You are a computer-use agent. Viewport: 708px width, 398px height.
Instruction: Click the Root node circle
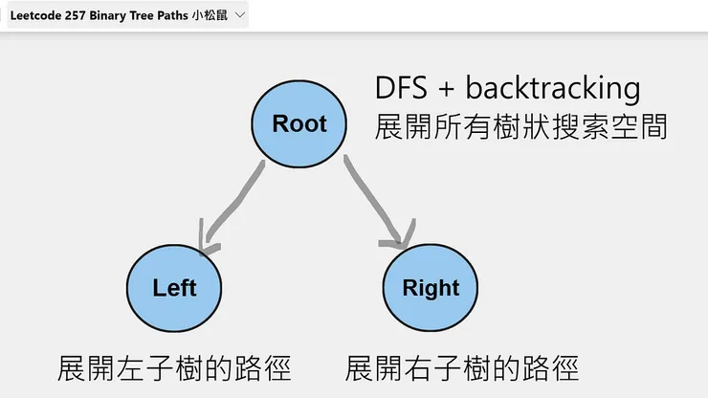299,122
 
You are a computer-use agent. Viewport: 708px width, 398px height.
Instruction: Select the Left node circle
174,288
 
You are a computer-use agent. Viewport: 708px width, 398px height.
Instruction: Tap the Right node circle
431,288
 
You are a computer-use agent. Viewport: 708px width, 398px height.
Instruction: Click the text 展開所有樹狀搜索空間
520,127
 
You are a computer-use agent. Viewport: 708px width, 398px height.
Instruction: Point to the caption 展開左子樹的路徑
174,367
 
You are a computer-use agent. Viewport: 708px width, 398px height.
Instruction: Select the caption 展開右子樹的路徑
462,367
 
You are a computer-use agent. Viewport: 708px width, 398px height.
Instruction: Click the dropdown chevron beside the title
239,16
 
